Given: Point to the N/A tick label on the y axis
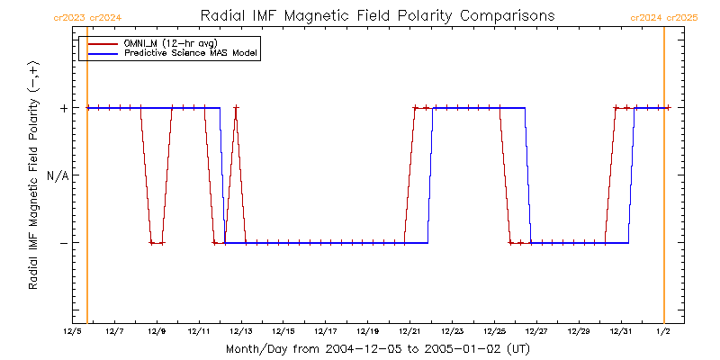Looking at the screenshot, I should [57, 175].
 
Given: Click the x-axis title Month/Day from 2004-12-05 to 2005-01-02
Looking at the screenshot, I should [377, 348].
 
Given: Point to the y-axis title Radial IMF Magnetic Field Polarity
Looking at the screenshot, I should [33, 175].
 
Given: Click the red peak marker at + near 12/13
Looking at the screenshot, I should [236, 108].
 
